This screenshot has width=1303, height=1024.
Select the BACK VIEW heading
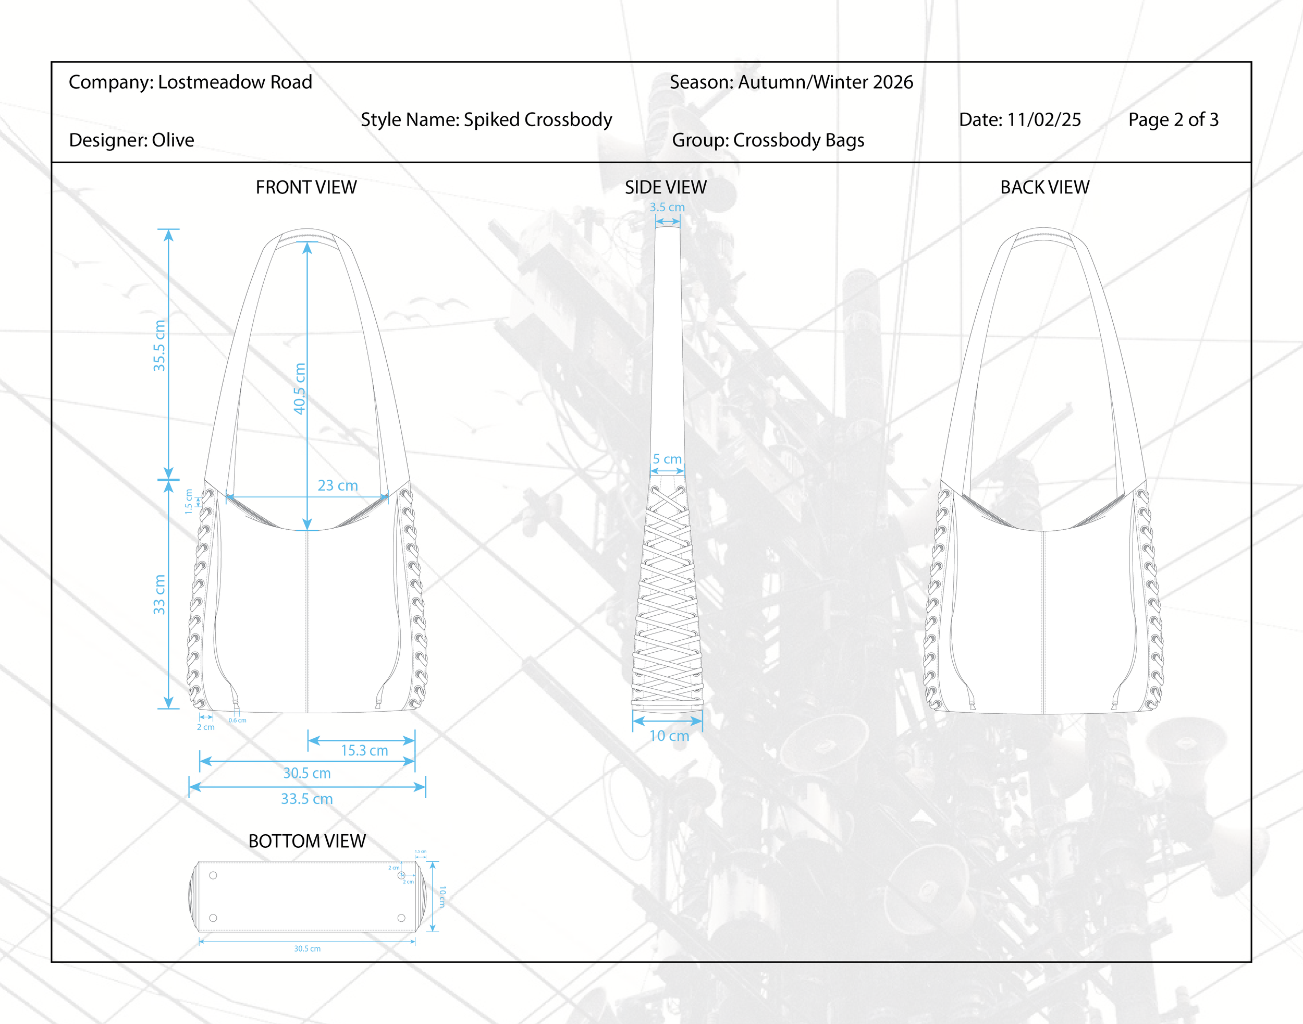(1044, 188)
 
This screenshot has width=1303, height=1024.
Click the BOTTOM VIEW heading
(306, 841)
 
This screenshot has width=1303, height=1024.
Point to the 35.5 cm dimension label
(159, 346)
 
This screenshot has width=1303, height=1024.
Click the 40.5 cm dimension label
(300, 388)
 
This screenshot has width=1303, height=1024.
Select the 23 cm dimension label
(337, 485)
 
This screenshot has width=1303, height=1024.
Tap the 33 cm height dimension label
(159, 595)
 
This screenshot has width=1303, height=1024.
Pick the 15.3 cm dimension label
(364, 751)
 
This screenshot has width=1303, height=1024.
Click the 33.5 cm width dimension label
(306, 799)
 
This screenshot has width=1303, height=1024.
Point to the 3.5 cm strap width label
(667, 208)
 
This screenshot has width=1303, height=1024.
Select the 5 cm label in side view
(667, 459)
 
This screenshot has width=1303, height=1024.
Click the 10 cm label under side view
(669, 736)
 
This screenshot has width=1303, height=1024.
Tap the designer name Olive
(173, 140)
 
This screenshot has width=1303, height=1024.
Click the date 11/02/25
(1043, 120)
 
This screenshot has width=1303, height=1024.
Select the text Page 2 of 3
(1173, 120)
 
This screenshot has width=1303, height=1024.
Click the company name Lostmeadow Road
(235, 82)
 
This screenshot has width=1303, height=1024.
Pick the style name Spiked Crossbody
(538, 120)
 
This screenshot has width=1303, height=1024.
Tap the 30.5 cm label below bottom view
(307, 948)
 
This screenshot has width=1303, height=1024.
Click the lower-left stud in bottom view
(213, 918)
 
